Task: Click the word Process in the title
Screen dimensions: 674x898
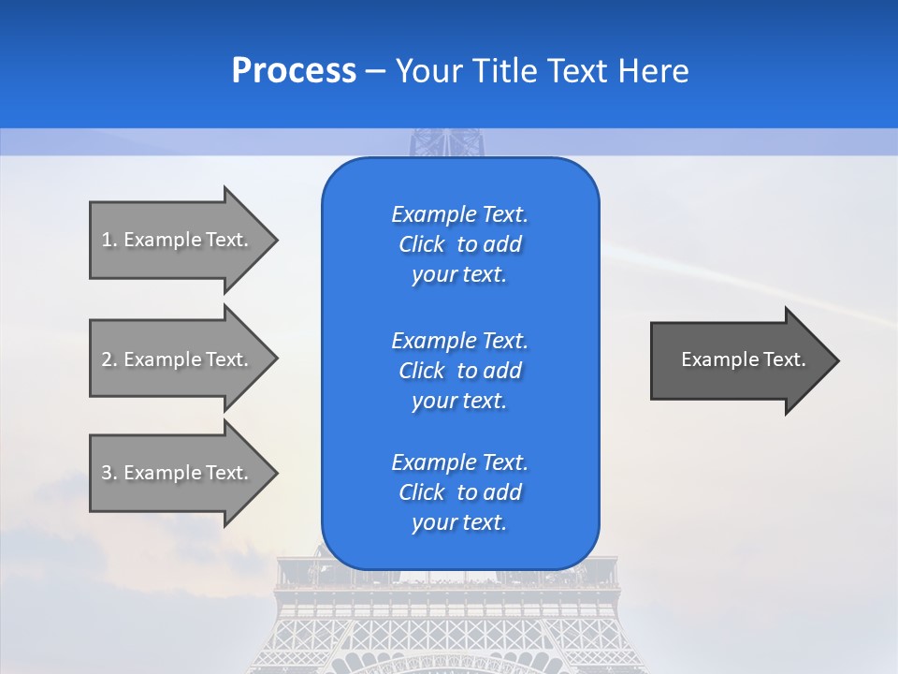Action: coord(294,71)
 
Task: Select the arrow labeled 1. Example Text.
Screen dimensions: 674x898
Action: coord(178,240)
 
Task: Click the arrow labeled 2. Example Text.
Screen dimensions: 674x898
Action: coord(178,359)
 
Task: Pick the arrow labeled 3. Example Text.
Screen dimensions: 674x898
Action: coord(178,473)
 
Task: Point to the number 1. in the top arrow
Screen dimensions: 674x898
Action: coord(109,240)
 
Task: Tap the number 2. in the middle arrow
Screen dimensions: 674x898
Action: coord(109,359)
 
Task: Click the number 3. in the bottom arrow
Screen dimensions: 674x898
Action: coord(109,473)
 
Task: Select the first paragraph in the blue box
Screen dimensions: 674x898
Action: coord(459,244)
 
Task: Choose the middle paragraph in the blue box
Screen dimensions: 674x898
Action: coord(459,371)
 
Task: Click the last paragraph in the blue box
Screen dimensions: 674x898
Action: coord(459,492)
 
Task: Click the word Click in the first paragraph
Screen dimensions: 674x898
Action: coord(421,244)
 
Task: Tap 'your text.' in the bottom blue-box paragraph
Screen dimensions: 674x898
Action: coord(459,522)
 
